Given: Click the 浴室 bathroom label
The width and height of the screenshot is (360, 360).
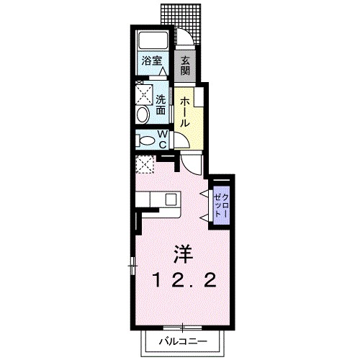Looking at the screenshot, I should (151, 62).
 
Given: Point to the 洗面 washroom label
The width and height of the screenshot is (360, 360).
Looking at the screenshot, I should (161, 105).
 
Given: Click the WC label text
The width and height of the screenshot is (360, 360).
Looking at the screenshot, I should (162, 138).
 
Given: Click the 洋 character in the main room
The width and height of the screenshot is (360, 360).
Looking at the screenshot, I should (181, 254).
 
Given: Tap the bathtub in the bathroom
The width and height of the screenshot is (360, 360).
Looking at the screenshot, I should (151, 41).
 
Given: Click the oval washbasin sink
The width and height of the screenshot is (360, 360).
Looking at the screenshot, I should (142, 115).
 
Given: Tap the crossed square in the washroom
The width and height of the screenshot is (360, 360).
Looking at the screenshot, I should (141, 94).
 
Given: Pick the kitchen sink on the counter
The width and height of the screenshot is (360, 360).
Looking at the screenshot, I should (171, 199).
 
